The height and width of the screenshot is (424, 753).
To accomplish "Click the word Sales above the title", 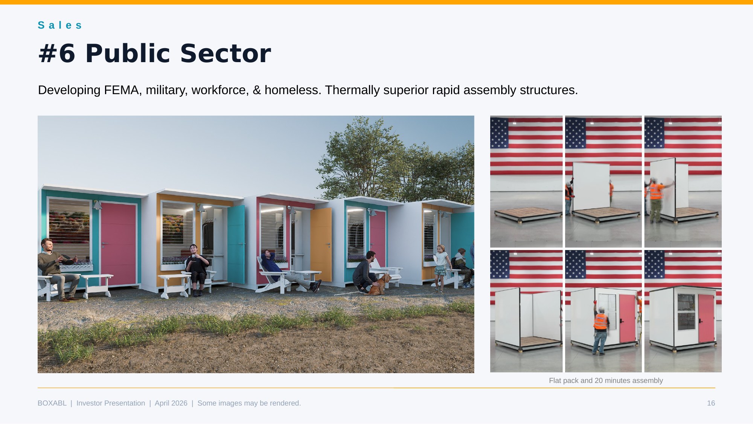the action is pos(60,25).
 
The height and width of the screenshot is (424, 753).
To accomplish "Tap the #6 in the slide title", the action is pos(57,53).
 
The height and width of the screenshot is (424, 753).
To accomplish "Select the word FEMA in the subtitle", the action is pos(121,90).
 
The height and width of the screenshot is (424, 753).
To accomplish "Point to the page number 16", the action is pos(711,403).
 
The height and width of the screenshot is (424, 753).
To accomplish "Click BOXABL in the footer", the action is pos(52,403).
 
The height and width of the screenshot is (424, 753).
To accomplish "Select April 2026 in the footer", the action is pos(171,403).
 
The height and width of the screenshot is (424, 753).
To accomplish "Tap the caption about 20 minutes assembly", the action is pos(606,381).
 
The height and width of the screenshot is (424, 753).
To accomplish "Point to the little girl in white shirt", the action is pos(441,268).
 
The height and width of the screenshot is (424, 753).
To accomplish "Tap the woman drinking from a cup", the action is pos(197,268).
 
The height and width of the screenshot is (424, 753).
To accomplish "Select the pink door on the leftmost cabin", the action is pos(118,244).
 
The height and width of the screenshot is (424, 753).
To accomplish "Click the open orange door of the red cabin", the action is pos(321,245).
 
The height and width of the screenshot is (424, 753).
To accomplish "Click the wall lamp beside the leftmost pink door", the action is pos(97,205).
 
